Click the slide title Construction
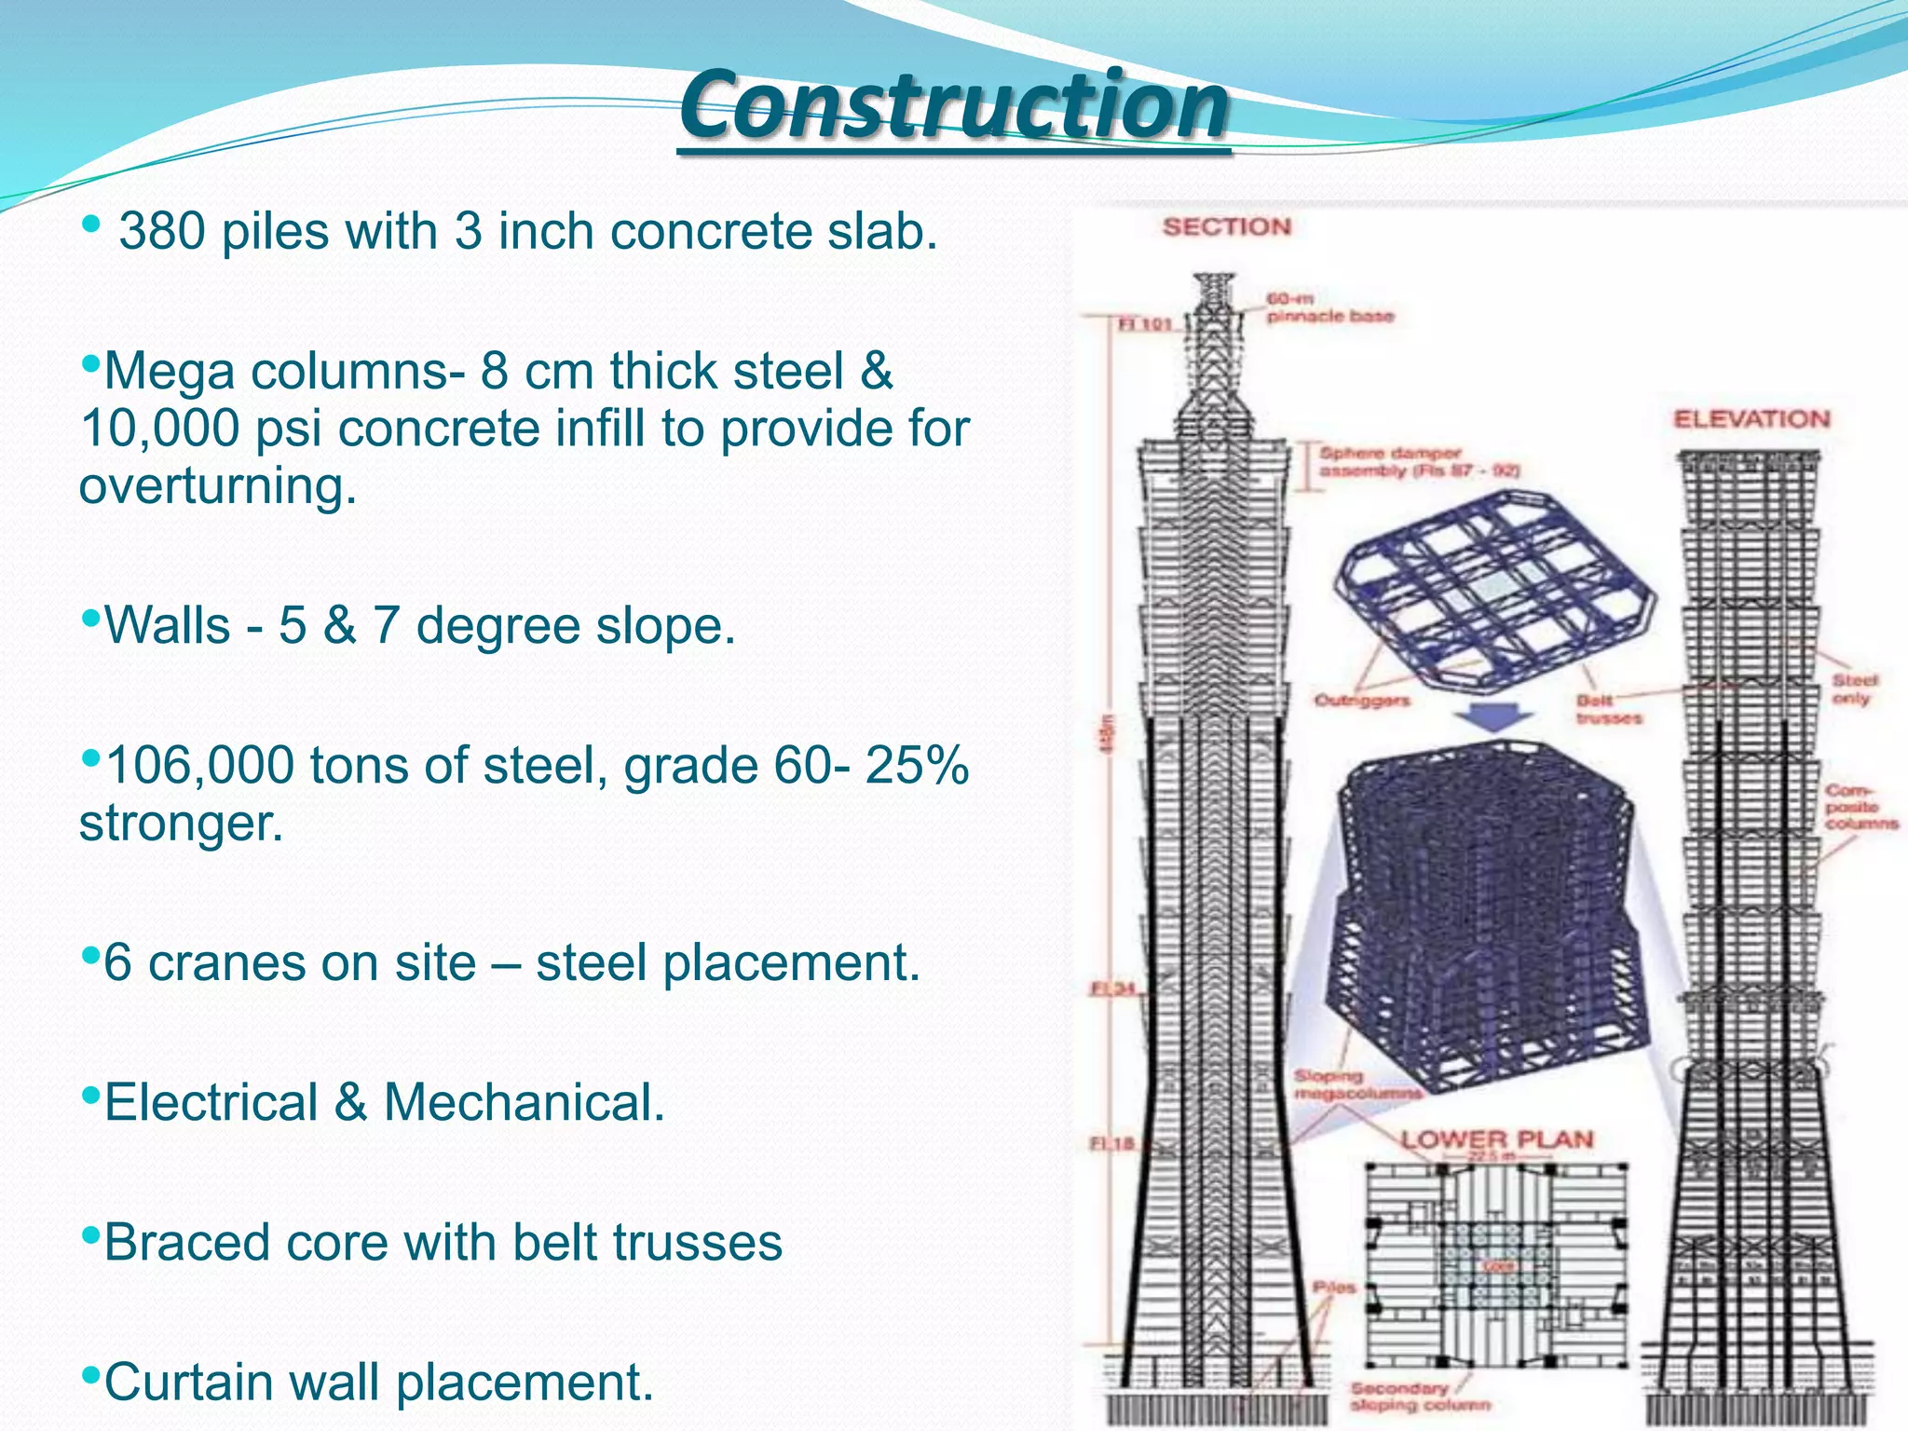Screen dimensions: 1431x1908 954,104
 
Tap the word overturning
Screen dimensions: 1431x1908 218,486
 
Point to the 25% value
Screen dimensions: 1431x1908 917,766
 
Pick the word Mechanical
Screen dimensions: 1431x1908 524,1102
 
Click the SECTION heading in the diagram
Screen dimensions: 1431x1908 1226,227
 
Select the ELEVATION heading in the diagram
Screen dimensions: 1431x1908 1751,419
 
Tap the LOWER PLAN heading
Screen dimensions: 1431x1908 1497,1139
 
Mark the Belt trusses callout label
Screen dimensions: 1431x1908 1609,709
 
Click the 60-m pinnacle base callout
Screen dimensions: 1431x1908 1329,308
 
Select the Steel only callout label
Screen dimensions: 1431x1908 1855,689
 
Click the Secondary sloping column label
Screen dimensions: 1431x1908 1420,1397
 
